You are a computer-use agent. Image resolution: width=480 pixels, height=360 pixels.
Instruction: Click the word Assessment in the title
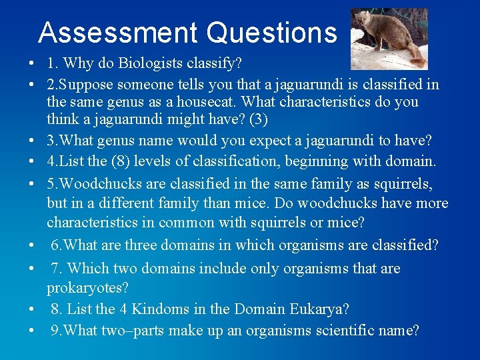tap(117, 32)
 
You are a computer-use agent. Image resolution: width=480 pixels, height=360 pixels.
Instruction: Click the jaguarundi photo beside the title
tap(389, 39)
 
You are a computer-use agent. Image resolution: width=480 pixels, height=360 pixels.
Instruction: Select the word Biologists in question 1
tap(149, 65)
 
